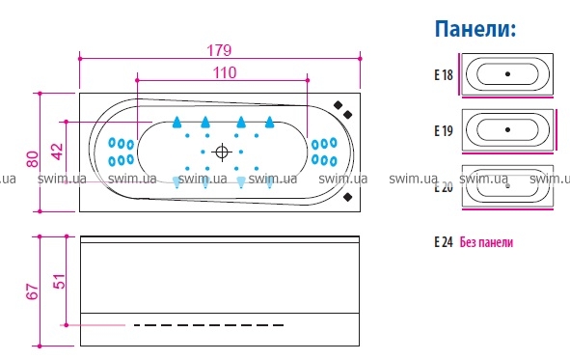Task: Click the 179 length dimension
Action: tap(219, 50)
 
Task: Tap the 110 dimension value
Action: tap(225, 72)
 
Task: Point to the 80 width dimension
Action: tap(33, 159)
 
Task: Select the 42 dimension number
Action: tap(58, 152)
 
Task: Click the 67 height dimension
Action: tap(33, 291)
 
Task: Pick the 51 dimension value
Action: tap(60, 281)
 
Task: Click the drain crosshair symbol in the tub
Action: tap(222, 152)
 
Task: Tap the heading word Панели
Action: tap(475, 29)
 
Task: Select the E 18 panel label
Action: tap(444, 75)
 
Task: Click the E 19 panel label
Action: tap(444, 130)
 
